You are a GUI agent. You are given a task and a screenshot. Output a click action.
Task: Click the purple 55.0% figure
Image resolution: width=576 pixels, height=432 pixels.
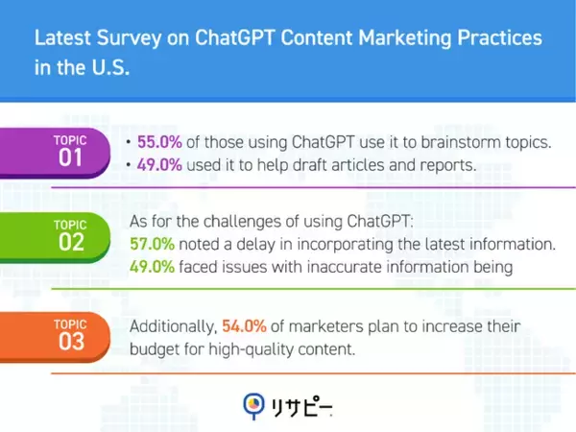click(156, 142)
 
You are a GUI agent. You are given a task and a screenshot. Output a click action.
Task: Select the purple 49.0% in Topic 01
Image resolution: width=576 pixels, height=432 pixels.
click(156, 166)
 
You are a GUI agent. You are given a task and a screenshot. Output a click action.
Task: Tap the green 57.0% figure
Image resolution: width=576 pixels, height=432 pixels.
click(151, 244)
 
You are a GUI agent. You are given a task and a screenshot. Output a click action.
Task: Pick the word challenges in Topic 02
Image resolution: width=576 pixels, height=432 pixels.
click(216, 221)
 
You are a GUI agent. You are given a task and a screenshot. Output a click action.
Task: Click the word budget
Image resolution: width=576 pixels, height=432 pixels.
click(156, 350)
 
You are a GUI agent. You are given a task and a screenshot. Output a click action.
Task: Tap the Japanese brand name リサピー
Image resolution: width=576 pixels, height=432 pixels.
click(301, 405)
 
